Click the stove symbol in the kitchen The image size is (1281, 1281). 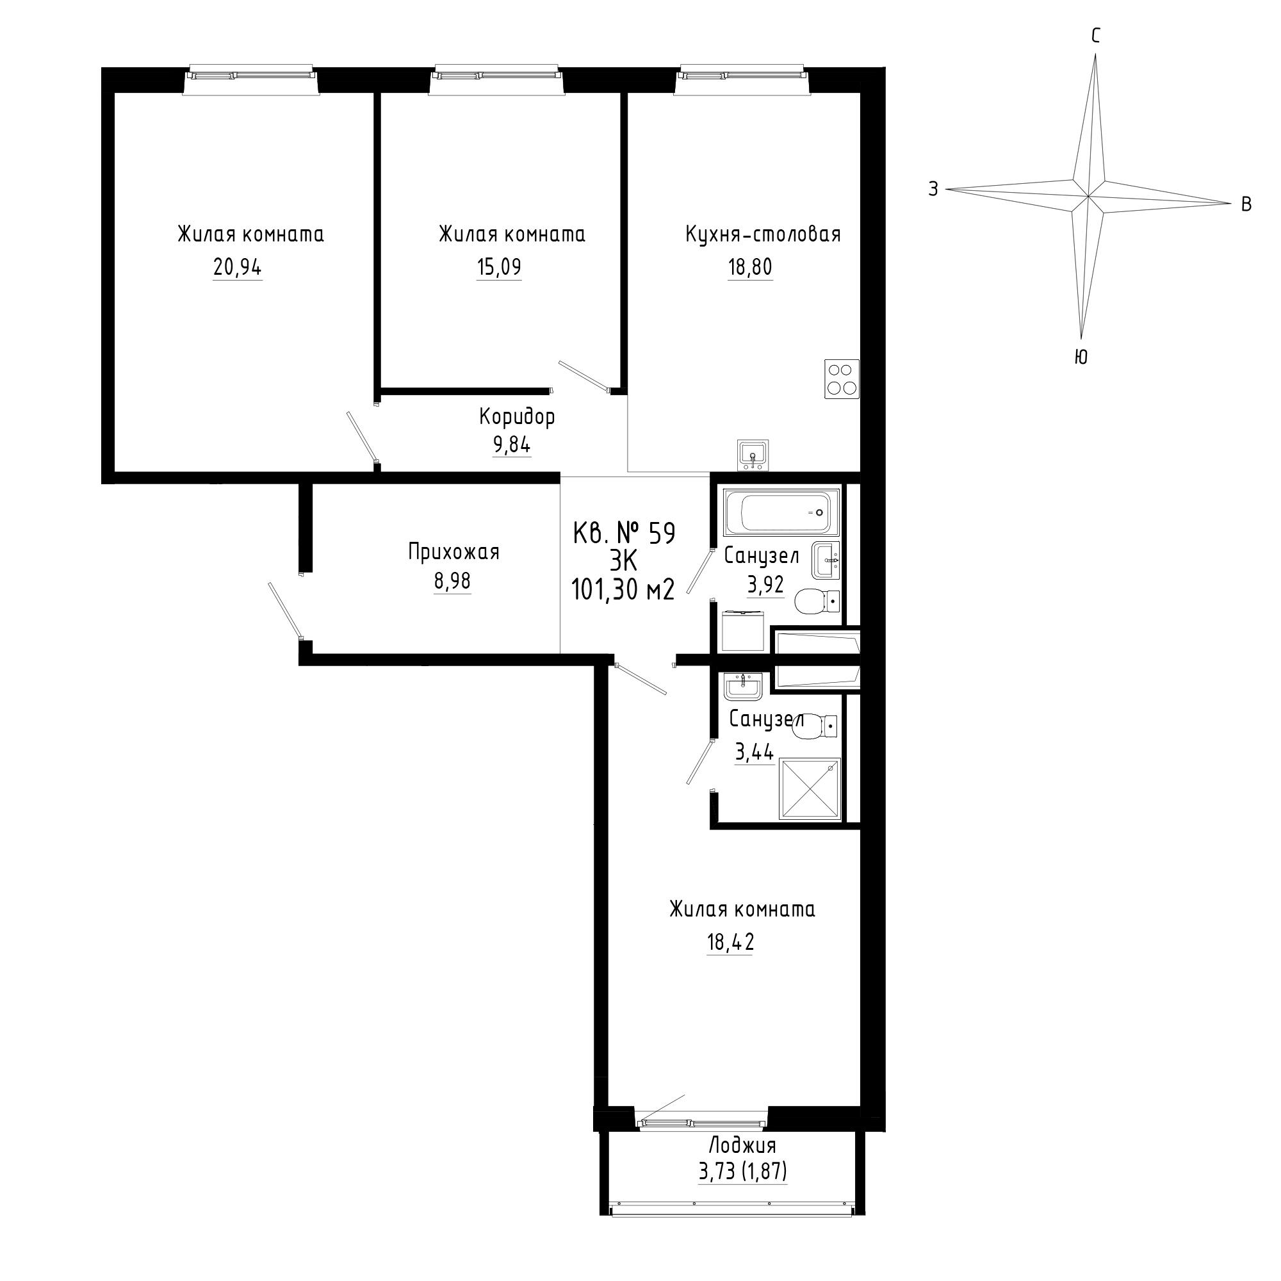(842, 379)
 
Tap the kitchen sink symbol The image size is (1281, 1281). (753, 455)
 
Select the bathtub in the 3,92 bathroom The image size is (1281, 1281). (781, 512)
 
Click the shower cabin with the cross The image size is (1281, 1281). (811, 790)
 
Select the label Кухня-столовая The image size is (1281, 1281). (763, 234)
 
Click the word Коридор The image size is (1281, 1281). (517, 417)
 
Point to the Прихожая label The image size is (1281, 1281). (453, 551)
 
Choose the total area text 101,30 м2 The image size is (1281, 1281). (623, 589)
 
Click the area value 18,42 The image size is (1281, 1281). (731, 942)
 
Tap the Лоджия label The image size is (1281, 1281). (742, 1145)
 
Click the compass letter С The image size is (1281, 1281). (1096, 36)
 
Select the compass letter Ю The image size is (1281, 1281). (1080, 357)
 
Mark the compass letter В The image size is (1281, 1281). (1246, 205)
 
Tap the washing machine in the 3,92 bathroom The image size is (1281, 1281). (744, 630)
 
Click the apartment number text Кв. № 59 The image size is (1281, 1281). (624, 533)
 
